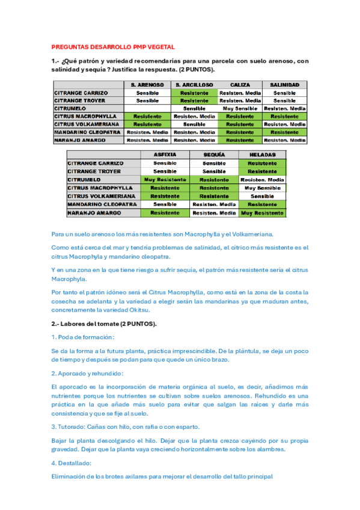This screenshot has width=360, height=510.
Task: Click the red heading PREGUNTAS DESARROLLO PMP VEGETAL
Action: pyautogui.click(x=113, y=46)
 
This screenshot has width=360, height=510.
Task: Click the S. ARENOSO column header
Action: pyautogui.click(x=147, y=85)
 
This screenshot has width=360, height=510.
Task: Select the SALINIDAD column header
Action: pyautogui.click(x=284, y=85)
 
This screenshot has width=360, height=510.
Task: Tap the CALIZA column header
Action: pyautogui.click(x=240, y=85)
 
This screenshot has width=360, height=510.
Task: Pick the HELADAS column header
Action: pyautogui.click(x=262, y=155)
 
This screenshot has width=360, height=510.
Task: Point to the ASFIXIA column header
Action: pyautogui.click(x=165, y=155)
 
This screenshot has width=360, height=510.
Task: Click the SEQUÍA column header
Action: pyautogui.click(x=214, y=155)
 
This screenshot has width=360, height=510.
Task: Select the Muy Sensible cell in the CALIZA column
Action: pyautogui.click(x=240, y=109)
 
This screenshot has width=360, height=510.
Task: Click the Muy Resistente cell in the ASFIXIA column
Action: pyautogui.click(x=165, y=180)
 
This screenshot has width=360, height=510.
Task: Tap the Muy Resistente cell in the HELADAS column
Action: pyautogui.click(x=262, y=213)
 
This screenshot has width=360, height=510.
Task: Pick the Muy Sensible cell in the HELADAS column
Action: pyautogui.click(x=262, y=188)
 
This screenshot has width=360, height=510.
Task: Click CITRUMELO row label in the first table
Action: pyautogui.click(x=71, y=109)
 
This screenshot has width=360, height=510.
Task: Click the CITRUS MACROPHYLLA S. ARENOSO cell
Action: pyautogui.click(x=147, y=117)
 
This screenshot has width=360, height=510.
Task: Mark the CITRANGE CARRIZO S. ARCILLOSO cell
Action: pyautogui.click(x=194, y=93)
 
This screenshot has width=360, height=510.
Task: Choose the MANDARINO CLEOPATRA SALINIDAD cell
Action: pyautogui.click(x=284, y=132)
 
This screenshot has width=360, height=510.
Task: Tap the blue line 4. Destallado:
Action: pyautogui.click(x=72, y=464)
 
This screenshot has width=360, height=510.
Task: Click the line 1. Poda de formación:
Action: pyautogui.click(x=83, y=337)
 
